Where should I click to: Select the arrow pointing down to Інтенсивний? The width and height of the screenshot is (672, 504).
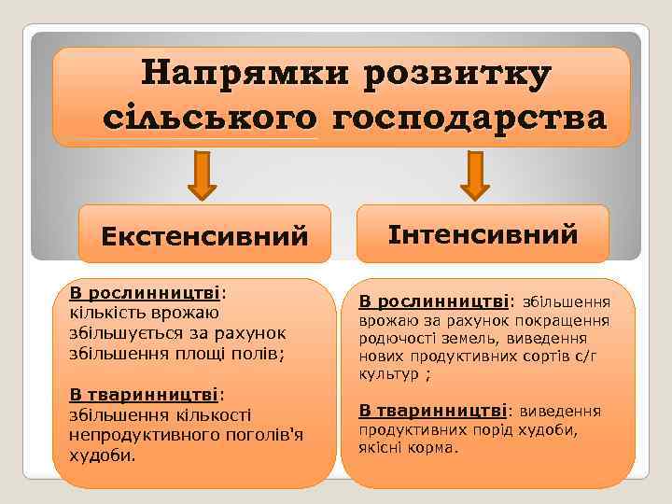tap(475, 177)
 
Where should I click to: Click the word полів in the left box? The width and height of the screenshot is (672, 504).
tap(261, 354)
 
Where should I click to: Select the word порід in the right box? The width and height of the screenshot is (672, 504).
tap(476, 429)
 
